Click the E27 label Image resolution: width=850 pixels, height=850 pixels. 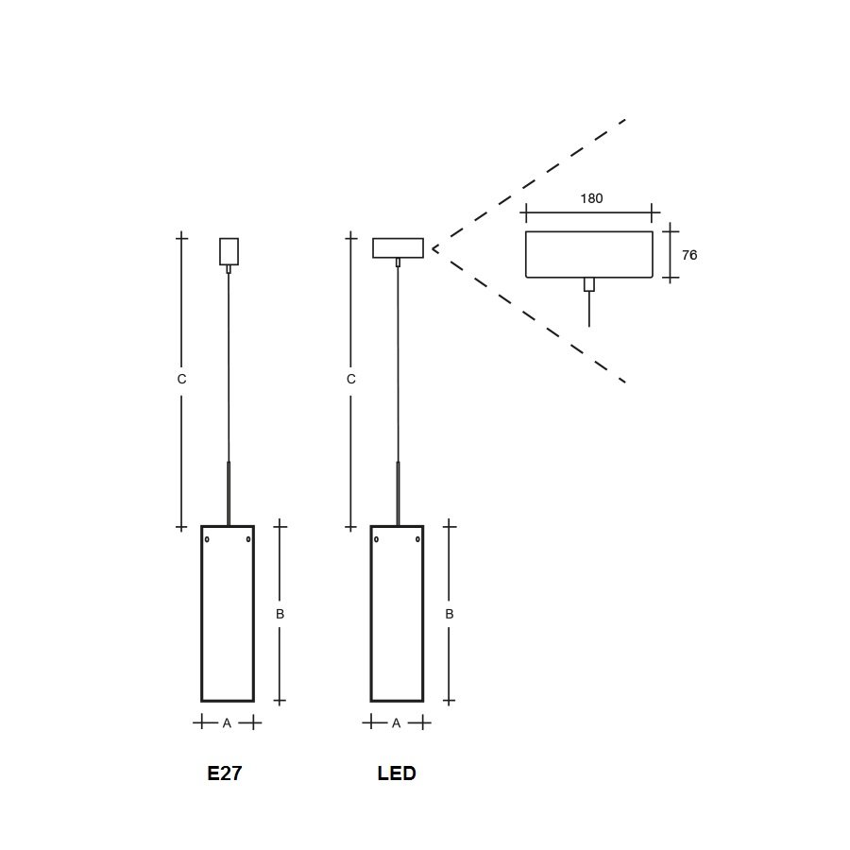pyautogui.click(x=225, y=773)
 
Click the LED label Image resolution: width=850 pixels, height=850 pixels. pyautogui.click(x=397, y=773)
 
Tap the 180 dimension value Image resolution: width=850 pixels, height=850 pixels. pyautogui.click(x=591, y=198)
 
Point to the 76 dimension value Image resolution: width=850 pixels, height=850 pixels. pyautogui.click(x=689, y=255)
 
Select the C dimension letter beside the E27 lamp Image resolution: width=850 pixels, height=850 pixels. pyautogui.click(x=181, y=380)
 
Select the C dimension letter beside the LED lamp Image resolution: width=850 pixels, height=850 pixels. pyautogui.click(x=350, y=380)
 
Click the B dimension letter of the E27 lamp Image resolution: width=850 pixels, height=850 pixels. pyautogui.click(x=280, y=614)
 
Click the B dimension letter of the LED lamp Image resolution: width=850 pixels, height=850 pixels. pyautogui.click(x=449, y=614)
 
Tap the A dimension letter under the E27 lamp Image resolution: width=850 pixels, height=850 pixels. pyautogui.click(x=227, y=723)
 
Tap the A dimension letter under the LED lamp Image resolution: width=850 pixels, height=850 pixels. pyautogui.click(x=397, y=723)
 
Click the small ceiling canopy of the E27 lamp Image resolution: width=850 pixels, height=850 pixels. pyautogui.click(x=229, y=251)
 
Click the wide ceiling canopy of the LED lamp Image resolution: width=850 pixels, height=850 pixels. pyautogui.click(x=398, y=247)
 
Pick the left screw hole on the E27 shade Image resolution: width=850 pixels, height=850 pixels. pyautogui.click(x=207, y=539)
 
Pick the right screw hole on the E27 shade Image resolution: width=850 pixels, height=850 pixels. pyautogui.click(x=248, y=539)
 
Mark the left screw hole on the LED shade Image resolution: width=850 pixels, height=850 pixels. pyautogui.click(x=376, y=539)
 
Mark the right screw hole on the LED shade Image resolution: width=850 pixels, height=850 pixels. pyautogui.click(x=417, y=539)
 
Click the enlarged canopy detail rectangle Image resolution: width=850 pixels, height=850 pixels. pyautogui.click(x=589, y=231)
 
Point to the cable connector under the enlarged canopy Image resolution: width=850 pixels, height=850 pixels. pyautogui.click(x=589, y=284)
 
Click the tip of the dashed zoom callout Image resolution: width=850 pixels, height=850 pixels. pyautogui.click(x=433, y=248)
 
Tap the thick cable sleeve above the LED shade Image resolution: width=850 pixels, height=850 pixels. pyautogui.click(x=398, y=494)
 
